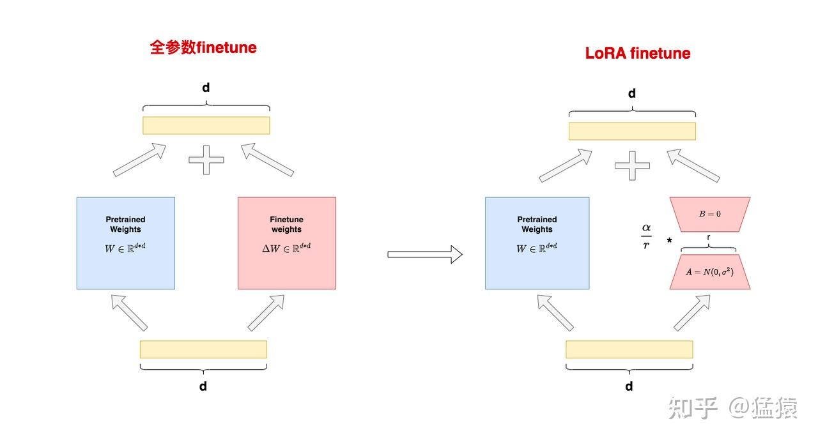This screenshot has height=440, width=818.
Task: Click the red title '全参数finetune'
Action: click(203, 48)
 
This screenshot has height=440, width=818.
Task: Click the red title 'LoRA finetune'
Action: click(638, 53)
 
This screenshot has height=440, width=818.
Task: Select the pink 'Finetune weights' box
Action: click(286, 243)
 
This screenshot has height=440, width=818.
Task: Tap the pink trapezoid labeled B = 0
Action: click(709, 214)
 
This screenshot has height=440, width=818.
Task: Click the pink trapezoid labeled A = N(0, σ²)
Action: click(709, 272)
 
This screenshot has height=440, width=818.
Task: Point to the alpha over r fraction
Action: click(646, 236)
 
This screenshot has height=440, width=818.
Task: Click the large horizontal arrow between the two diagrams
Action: click(424, 254)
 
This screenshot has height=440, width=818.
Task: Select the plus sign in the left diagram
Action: click(206, 159)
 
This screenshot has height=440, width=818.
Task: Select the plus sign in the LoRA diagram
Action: click(632, 165)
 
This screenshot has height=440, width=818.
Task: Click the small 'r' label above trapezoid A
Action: click(709, 237)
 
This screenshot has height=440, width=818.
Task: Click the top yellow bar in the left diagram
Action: click(206, 125)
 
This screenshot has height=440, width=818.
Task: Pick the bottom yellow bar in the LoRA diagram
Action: click(629, 349)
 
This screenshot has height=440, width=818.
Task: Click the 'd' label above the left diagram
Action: click(206, 87)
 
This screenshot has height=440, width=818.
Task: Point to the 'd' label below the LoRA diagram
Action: click(629, 386)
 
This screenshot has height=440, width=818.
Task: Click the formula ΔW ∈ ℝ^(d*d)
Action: click(286, 248)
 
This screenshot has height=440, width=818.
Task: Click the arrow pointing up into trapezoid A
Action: click(691, 313)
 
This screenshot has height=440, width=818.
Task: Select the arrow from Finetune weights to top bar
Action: click(268, 159)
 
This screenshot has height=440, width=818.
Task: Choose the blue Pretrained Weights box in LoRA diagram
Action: click(537, 243)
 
